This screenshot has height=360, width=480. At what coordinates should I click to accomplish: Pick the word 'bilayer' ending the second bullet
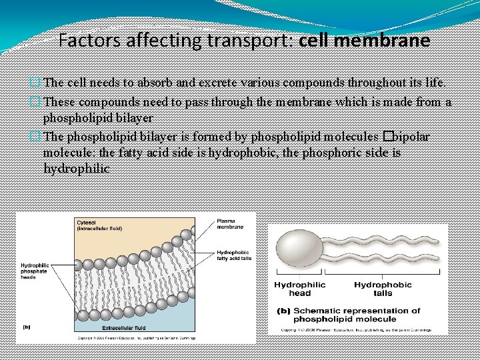[135, 118]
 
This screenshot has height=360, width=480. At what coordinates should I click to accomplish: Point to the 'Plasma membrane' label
[231, 224]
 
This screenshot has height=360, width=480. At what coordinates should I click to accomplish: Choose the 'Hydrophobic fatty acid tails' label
[234, 255]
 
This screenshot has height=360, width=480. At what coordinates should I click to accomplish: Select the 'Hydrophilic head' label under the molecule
[300, 289]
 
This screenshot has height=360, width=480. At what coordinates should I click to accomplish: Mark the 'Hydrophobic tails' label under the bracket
[383, 289]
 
